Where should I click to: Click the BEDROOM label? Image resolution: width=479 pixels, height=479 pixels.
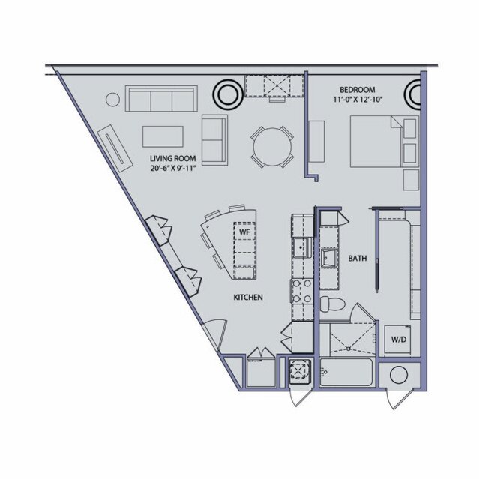click(357, 90)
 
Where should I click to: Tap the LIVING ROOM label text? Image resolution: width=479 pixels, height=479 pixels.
click(172, 159)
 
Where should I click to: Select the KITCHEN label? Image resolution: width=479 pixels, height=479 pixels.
click(248, 298)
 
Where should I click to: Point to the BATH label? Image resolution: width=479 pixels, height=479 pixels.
click(358, 259)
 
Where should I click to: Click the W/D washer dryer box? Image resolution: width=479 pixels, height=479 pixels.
click(397, 339)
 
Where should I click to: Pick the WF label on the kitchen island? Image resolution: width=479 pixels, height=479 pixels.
click(244, 232)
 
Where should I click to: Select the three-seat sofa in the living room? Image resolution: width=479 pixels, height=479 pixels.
click(161, 99)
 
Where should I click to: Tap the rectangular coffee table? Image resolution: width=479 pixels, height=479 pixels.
click(163, 136)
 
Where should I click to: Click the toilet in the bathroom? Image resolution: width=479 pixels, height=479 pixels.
click(332, 304)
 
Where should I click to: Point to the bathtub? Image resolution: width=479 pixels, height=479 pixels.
click(346, 372)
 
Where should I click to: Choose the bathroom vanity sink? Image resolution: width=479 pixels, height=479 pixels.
click(329, 258)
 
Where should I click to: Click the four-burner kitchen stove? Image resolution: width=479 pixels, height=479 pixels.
click(301, 291)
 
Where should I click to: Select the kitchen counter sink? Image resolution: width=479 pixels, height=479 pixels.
click(302, 248)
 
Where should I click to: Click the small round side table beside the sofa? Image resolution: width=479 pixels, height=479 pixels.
click(112, 100)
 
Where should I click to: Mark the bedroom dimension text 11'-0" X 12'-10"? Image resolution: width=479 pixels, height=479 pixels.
click(357, 100)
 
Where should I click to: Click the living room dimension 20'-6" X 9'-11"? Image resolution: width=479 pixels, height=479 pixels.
click(173, 168)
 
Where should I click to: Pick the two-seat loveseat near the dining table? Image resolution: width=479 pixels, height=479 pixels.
click(214, 140)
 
